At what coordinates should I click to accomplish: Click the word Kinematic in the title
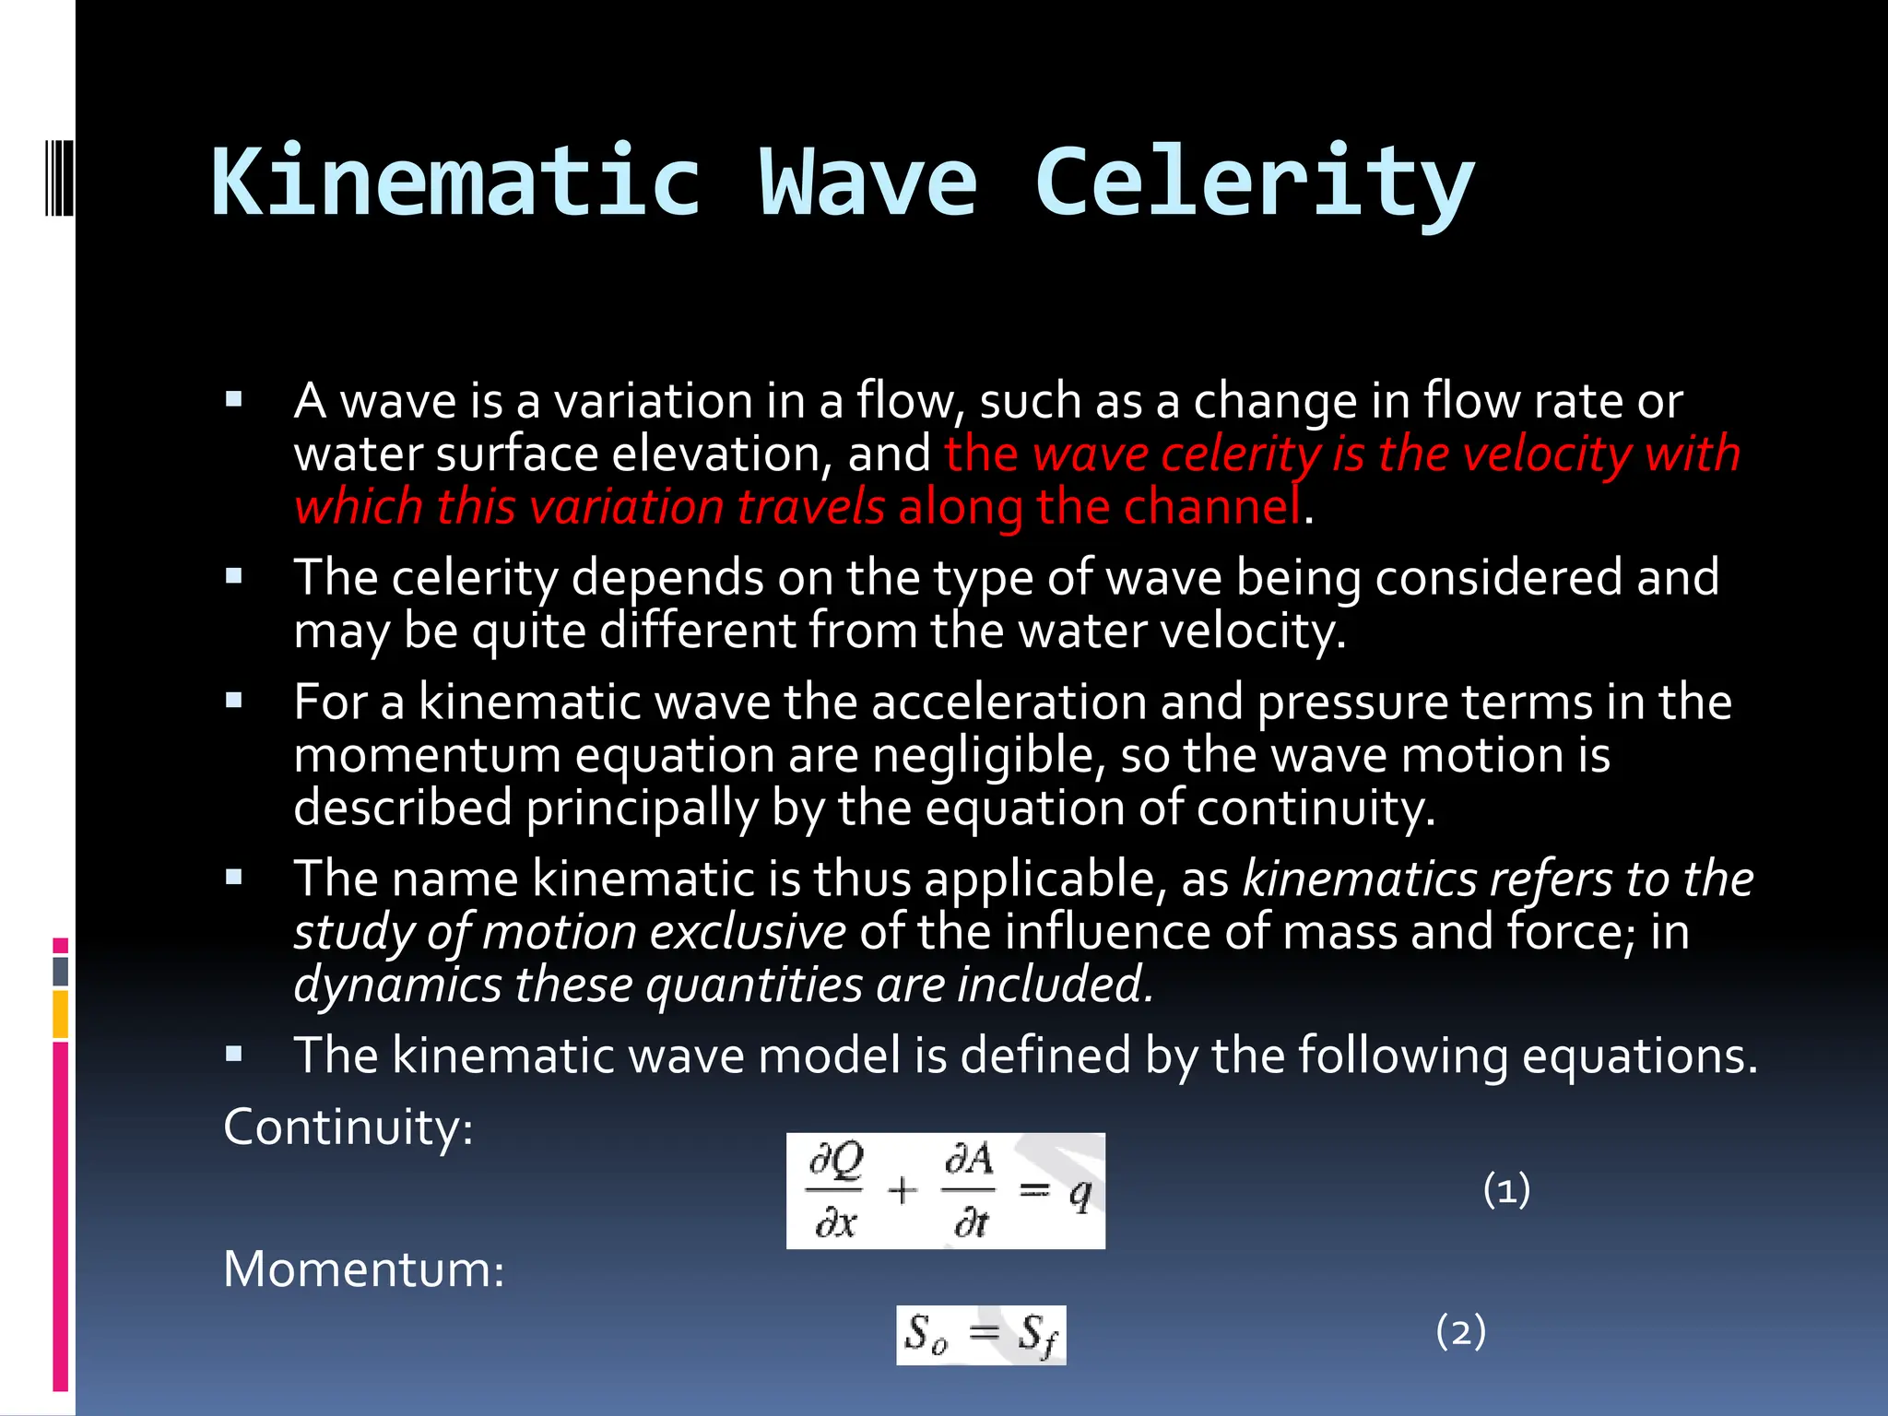455,182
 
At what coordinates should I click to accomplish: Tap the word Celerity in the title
1255,182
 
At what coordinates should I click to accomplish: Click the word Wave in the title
867,182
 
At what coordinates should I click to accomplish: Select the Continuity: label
348,1127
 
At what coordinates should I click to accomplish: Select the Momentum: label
364,1269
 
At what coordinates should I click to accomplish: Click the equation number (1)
1506,1189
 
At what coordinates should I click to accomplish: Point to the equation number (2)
1461,1331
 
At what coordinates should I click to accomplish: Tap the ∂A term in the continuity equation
969,1160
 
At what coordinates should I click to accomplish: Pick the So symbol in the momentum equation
925,1334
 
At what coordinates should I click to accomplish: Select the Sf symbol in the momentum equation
1037,1335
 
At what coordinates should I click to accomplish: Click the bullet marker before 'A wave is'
234,400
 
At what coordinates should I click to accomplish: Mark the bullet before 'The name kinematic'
234,878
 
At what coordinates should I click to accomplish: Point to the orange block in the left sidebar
61,1013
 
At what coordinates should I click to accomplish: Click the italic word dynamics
397,985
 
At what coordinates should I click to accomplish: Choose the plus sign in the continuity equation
902,1191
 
